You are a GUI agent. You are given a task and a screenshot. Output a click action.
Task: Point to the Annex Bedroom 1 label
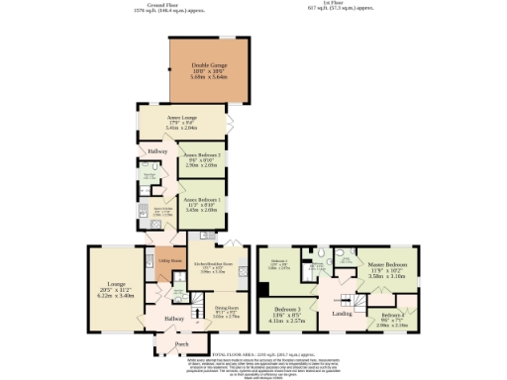(x=199, y=198)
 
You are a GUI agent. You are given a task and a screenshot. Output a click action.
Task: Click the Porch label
(x=181, y=344)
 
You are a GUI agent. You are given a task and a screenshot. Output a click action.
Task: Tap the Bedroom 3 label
(x=287, y=309)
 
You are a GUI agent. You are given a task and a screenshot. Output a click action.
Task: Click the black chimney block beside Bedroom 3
(x=261, y=290)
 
